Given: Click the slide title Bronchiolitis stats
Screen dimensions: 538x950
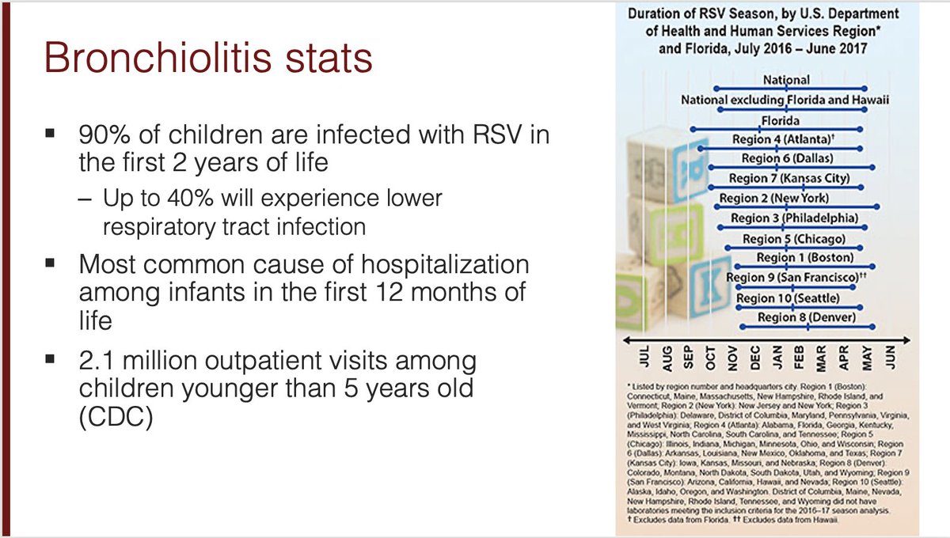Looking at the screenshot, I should [x=207, y=59].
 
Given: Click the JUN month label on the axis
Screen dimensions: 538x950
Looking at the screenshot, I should [x=888, y=359].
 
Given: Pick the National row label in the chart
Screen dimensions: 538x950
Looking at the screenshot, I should [x=786, y=80].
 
